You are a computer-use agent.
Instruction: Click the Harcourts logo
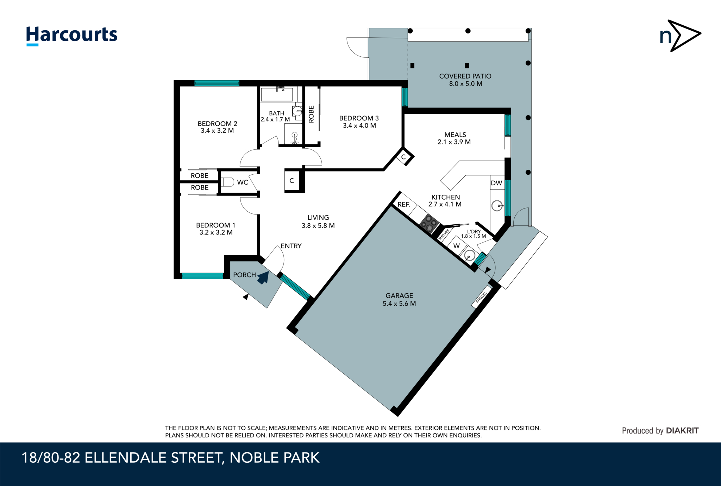[x=71, y=36]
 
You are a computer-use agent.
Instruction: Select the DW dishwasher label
[x=496, y=183]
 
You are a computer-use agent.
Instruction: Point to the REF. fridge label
[x=403, y=204]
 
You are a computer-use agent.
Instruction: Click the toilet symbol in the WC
[x=228, y=182]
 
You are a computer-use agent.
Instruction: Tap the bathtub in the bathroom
[x=277, y=95]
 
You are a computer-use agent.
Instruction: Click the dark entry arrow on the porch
[x=263, y=278]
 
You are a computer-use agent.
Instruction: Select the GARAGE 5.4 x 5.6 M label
[x=399, y=299]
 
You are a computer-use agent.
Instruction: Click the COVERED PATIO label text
[x=465, y=76]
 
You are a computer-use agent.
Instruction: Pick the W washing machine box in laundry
[x=457, y=246]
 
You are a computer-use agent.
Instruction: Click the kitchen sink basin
[x=497, y=206]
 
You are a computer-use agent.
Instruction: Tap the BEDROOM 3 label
[x=359, y=118]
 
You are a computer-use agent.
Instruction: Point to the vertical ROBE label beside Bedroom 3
[x=311, y=114]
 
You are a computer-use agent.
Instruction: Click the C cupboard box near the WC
[x=292, y=181]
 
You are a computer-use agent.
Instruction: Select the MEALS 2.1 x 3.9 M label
[x=454, y=138]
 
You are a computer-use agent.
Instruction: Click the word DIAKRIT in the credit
[x=682, y=430]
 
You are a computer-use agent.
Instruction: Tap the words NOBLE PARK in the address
[x=274, y=458]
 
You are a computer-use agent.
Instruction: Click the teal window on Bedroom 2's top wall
[x=217, y=83]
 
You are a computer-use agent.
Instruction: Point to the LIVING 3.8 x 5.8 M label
[x=318, y=222]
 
